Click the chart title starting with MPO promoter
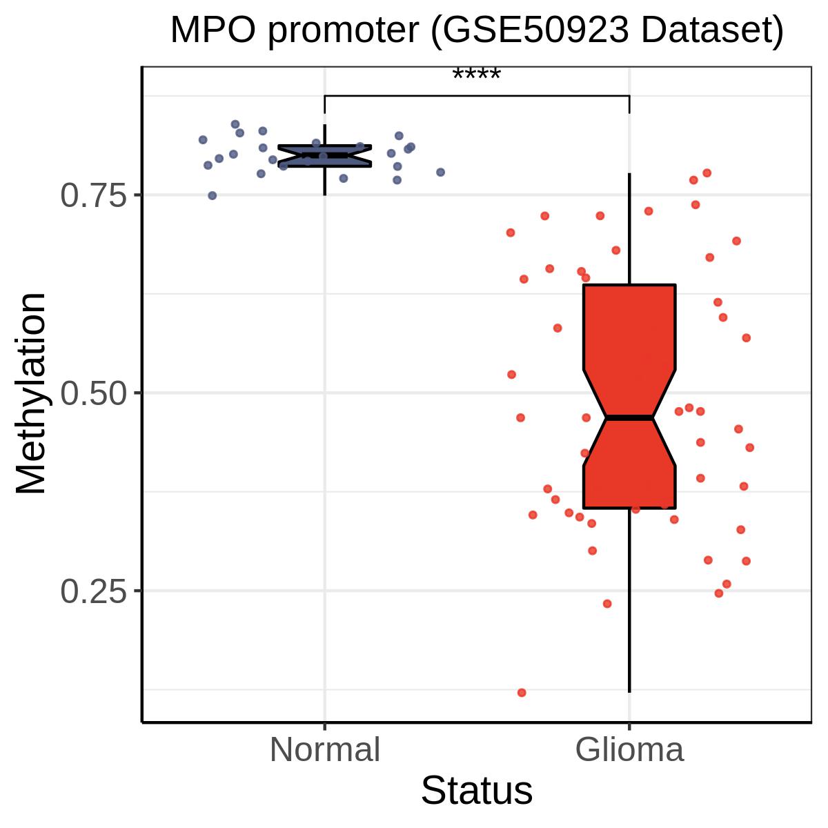pyautogui.click(x=476, y=31)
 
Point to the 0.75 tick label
pyautogui.click(x=95, y=196)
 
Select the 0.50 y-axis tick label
pyautogui.click(x=95, y=393)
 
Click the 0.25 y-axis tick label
pyautogui.click(x=95, y=591)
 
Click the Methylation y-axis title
pyautogui.click(x=31, y=393)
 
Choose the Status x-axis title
pyautogui.click(x=476, y=791)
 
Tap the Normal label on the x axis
pyautogui.click(x=324, y=750)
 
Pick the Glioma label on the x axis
pyautogui.click(x=629, y=750)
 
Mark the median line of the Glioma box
pyautogui.click(x=629, y=417)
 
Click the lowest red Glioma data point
pyautogui.click(x=522, y=692)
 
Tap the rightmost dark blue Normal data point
pyautogui.click(x=440, y=172)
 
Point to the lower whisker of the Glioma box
pyautogui.click(x=629, y=600)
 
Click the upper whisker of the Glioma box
pyautogui.click(x=629, y=228)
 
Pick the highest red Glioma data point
pyautogui.click(x=707, y=172)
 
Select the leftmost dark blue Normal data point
pyautogui.click(x=203, y=139)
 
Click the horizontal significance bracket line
pyautogui.click(x=476, y=95)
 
